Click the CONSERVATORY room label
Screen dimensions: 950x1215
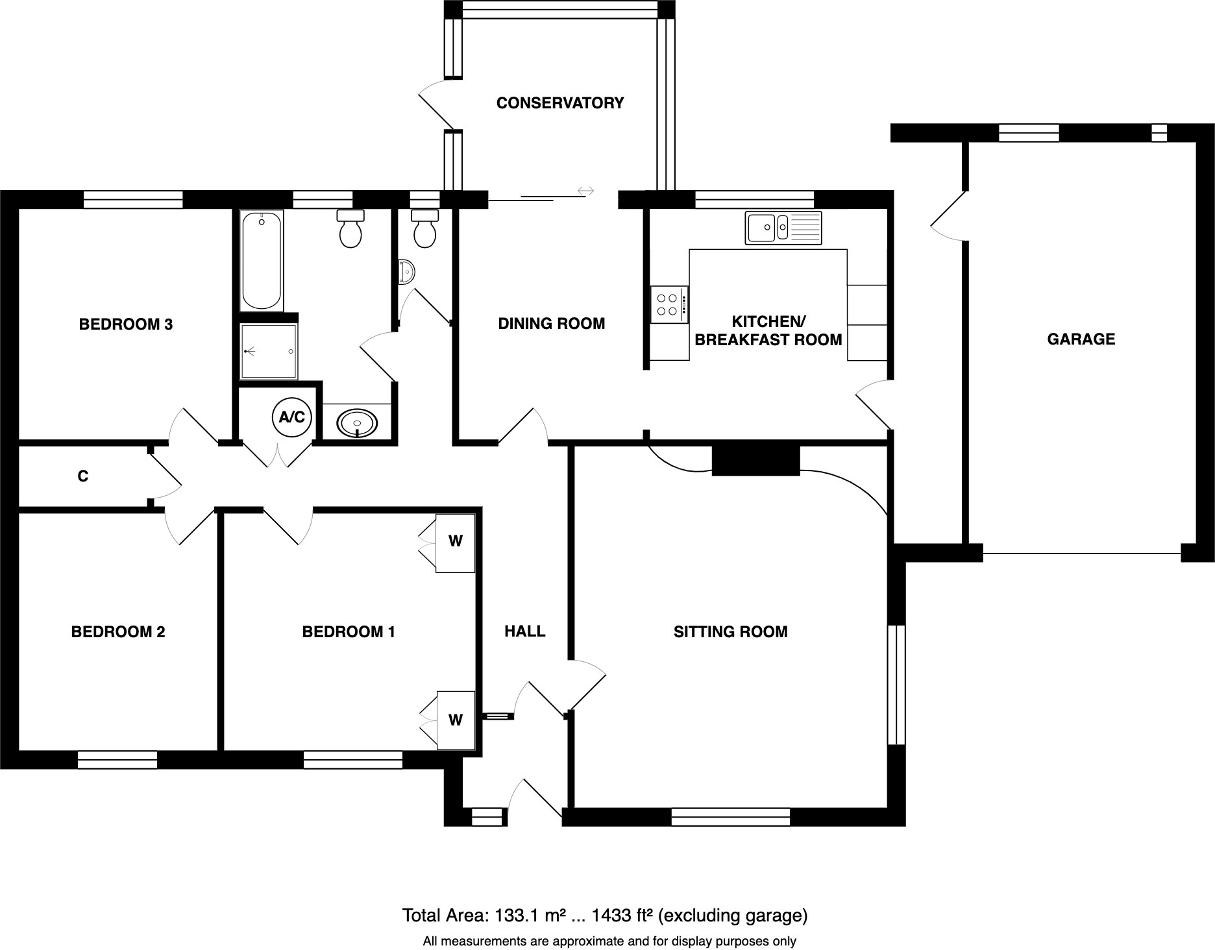[x=559, y=103]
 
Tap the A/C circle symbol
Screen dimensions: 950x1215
[x=291, y=417]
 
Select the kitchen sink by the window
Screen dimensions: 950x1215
[x=783, y=228]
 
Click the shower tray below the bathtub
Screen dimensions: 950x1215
[x=269, y=351]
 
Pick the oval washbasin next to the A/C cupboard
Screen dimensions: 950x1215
[x=357, y=423]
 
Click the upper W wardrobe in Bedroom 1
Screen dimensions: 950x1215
[x=456, y=541]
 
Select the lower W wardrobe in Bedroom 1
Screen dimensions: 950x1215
[x=456, y=720]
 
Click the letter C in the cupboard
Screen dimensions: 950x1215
[x=83, y=476]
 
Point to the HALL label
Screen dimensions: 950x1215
[x=525, y=631]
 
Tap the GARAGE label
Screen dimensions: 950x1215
[x=1081, y=339]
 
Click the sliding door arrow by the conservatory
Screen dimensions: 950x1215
[x=585, y=191]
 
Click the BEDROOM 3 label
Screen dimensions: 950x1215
[x=126, y=324]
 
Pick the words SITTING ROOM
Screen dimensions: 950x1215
[x=730, y=631]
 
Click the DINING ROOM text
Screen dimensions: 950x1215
[x=551, y=323]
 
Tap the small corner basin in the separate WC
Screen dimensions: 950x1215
[x=405, y=271]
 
